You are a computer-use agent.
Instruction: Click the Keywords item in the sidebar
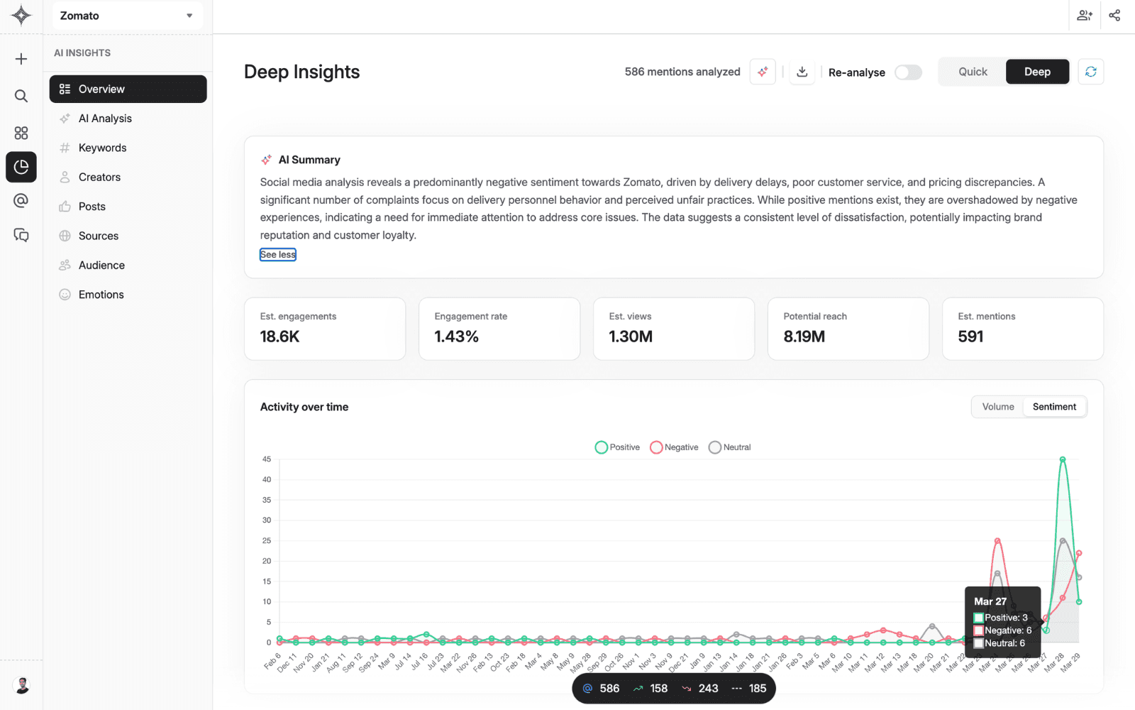[102, 148]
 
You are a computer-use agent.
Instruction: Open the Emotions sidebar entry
[101, 295]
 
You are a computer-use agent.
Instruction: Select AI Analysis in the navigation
[105, 119]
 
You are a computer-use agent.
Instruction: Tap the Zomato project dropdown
[127, 16]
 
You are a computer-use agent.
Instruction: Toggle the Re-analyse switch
[907, 72]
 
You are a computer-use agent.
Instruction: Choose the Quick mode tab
[972, 72]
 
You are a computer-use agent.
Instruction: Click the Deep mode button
[1036, 72]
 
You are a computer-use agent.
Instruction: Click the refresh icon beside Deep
[1090, 72]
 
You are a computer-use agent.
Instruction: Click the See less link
[277, 255]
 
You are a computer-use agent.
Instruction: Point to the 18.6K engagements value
[279, 337]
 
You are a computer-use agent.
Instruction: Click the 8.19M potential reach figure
[804, 337]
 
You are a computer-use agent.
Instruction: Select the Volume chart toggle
[997, 407]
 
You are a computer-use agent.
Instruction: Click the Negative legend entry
[674, 447]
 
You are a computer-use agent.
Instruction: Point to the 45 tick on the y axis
[267, 459]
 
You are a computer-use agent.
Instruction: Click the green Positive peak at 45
[1062, 460]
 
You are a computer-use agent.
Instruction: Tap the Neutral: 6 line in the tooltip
[1004, 643]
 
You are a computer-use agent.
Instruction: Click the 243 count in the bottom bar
[707, 689]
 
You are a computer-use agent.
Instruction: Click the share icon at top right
[1114, 16]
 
